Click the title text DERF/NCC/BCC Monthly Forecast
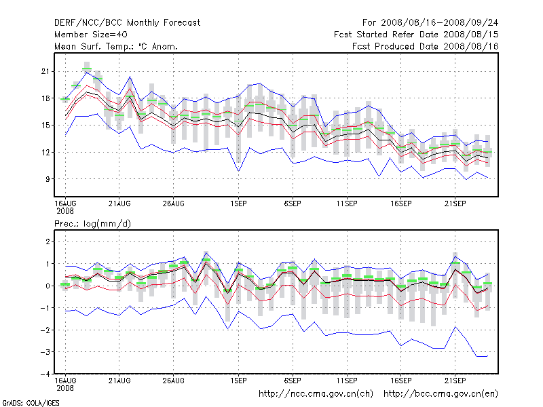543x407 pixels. click(127, 22)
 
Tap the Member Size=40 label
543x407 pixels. click(90, 34)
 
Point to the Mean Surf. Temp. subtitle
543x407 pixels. click(115, 46)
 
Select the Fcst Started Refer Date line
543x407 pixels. click(416, 34)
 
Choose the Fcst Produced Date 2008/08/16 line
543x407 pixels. click(426, 46)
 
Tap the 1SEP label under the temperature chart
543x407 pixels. click(238, 203)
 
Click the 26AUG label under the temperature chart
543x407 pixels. click(174, 203)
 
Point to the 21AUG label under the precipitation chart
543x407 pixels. click(119, 381)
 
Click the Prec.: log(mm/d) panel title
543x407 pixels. click(92, 223)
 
